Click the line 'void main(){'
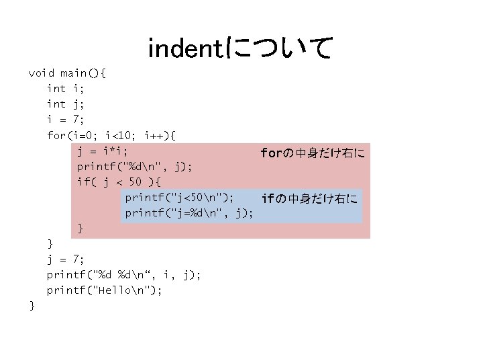(67, 73)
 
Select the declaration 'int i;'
(66, 89)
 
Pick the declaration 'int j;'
(66, 104)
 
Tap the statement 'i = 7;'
(66, 120)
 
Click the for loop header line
(111, 135)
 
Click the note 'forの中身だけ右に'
(312, 154)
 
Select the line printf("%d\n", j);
(135, 166)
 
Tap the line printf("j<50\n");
(180, 197)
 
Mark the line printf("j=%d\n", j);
(189, 213)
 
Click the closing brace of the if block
(81, 229)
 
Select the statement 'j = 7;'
(66, 259)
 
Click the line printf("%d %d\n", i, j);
(123, 274)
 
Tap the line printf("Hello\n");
(104, 290)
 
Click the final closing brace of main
(32, 305)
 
